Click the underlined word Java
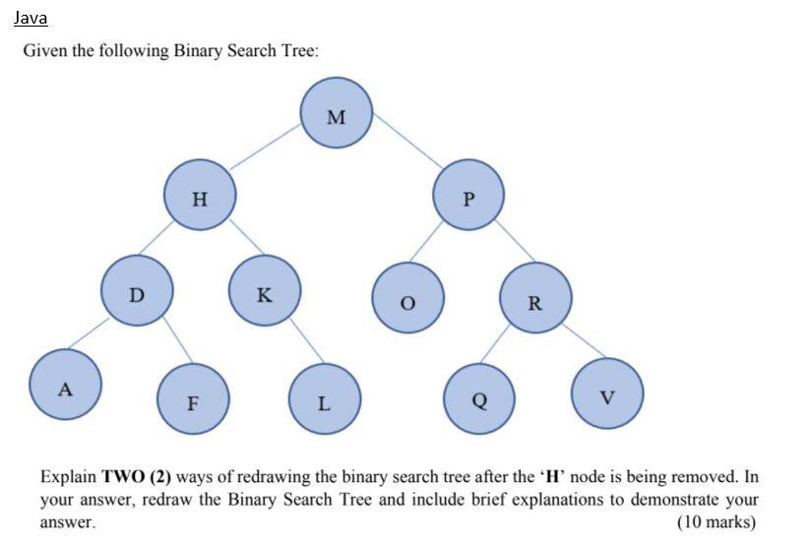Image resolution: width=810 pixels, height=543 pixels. click(31, 18)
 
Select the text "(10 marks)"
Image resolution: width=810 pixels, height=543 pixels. click(717, 521)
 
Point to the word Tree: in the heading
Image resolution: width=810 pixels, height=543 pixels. click(297, 51)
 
